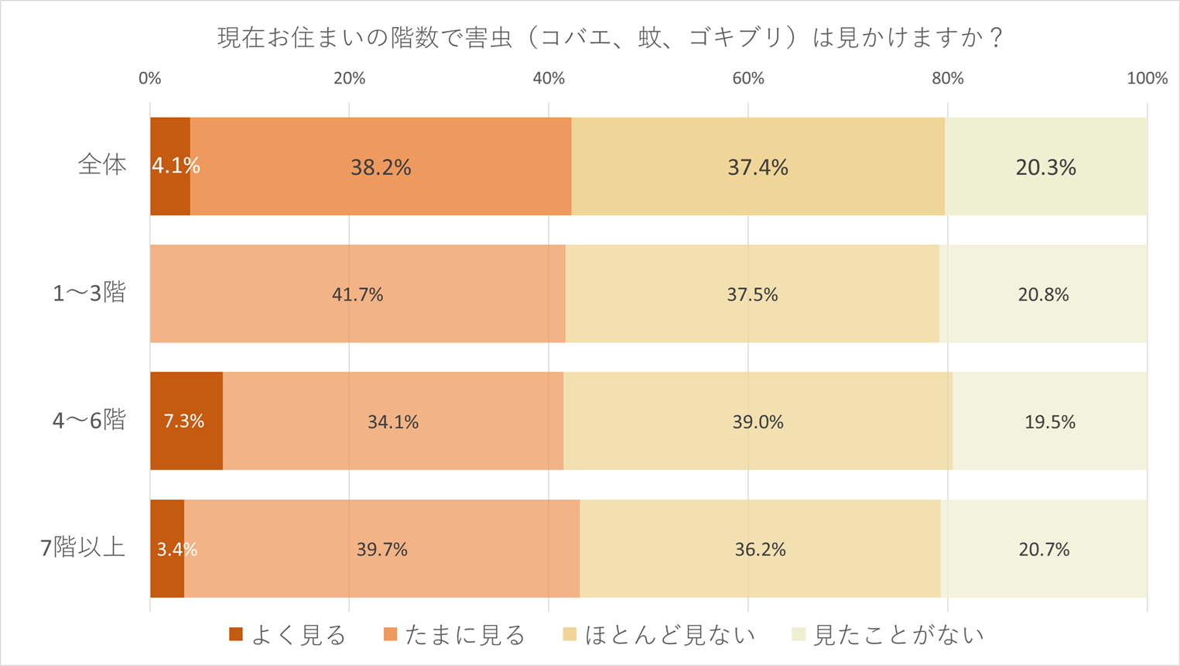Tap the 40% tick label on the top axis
(549, 78)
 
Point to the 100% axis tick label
(1147, 78)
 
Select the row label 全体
(102, 166)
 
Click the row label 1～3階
(89, 294)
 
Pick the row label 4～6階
(89, 421)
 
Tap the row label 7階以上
(83, 548)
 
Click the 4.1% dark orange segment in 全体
(170, 166)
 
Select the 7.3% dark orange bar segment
(186, 421)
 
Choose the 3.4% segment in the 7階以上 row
(167, 548)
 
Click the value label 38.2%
(381, 167)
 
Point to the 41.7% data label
(357, 294)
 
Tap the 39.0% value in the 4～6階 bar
(758, 422)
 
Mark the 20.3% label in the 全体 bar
(1045, 167)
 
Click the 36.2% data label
(760, 549)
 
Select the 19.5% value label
(1050, 422)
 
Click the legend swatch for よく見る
(236, 635)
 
